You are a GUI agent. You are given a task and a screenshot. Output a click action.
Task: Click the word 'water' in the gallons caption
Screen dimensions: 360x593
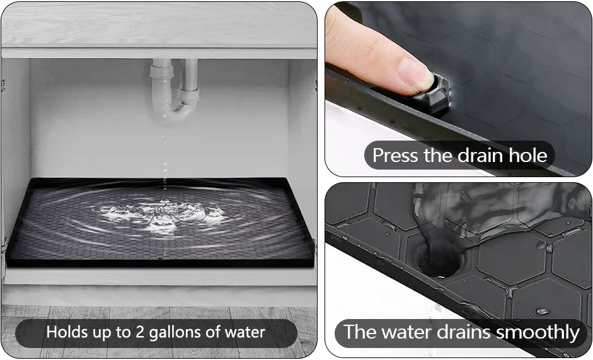[244, 332]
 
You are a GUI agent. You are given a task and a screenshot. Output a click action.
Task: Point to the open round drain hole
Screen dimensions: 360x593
[438, 258]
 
